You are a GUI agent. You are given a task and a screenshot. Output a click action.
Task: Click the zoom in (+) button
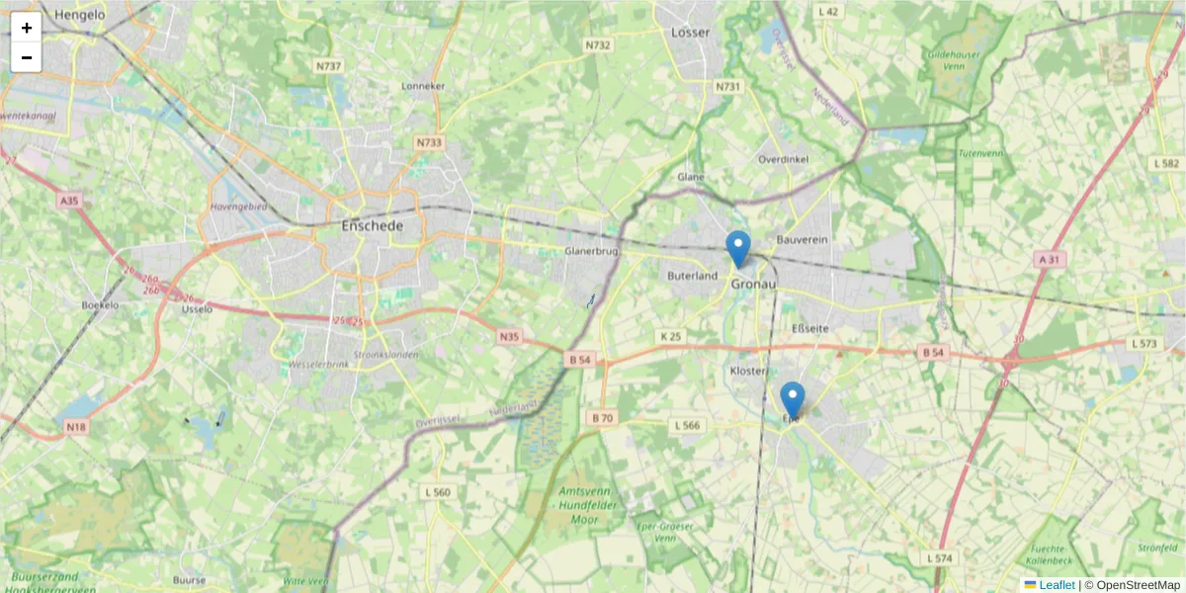(x=27, y=28)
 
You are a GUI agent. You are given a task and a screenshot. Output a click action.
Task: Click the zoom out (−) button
(x=27, y=57)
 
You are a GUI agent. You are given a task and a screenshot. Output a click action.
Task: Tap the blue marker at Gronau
(x=738, y=248)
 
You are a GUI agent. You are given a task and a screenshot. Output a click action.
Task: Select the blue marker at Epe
(x=792, y=399)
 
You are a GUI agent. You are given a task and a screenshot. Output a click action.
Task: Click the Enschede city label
(x=372, y=226)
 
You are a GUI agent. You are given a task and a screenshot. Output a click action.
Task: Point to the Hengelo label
(x=80, y=15)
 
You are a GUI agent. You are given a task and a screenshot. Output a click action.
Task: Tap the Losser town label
(x=691, y=33)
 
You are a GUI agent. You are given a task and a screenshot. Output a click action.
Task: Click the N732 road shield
(x=598, y=45)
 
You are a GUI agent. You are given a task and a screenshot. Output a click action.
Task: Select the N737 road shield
(x=328, y=66)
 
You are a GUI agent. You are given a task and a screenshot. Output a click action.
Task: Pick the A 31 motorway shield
(x=1050, y=259)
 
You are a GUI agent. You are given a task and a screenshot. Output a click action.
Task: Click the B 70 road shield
(x=603, y=418)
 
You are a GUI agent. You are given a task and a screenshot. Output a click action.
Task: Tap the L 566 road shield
(x=687, y=425)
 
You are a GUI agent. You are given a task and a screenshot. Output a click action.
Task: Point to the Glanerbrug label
(x=591, y=252)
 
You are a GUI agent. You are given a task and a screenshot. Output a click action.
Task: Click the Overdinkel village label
(x=784, y=159)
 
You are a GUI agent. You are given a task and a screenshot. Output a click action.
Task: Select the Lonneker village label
(x=424, y=86)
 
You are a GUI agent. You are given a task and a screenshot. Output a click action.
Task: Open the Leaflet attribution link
(x=1057, y=585)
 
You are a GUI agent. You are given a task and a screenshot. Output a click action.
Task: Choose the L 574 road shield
(x=941, y=558)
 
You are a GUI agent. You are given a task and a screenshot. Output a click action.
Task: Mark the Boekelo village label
(x=100, y=305)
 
